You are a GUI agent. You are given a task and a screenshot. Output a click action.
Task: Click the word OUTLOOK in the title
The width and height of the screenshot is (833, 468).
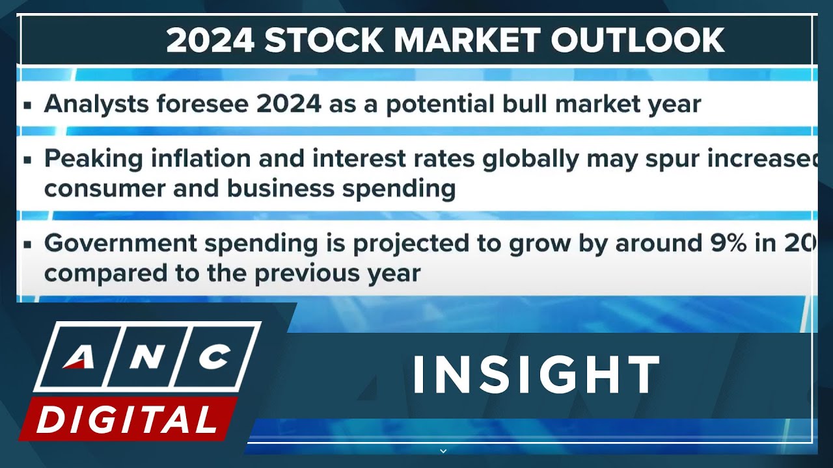tap(638, 40)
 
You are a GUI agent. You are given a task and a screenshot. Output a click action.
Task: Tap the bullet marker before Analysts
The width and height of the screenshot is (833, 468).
tap(27, 105)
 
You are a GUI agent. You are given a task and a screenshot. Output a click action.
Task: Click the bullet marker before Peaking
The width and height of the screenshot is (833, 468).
tap(27, 160)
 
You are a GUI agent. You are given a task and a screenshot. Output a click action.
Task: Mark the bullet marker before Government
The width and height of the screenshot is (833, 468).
tap(27, 244)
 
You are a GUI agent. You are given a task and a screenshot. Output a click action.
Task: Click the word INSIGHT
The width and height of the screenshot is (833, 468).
tap(536, 375)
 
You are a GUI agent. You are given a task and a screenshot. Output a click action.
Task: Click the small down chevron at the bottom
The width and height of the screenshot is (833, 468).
tap(443, 450)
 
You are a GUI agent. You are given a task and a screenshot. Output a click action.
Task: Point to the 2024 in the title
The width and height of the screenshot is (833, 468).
tap(210, 40)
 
